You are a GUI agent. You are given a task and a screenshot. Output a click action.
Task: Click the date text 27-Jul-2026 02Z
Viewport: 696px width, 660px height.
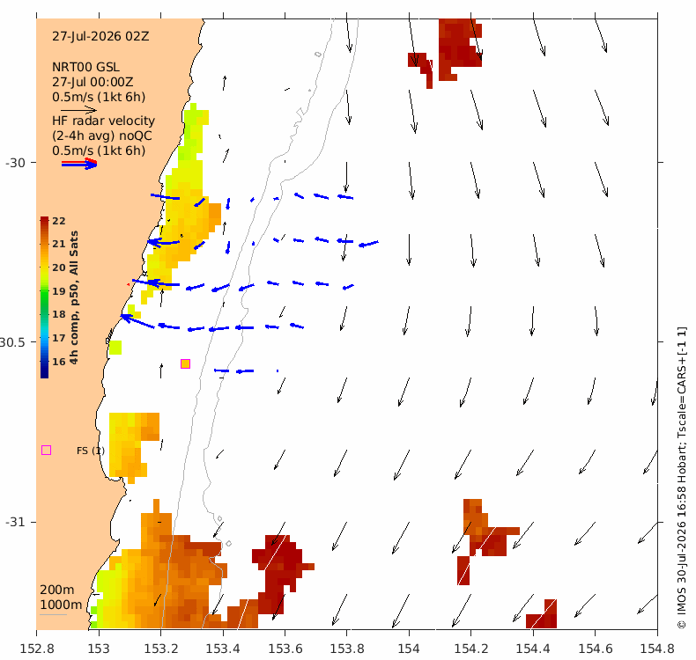(x=100, y=36)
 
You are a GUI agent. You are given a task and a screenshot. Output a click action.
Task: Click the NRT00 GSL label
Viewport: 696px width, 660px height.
(x=85, y=68)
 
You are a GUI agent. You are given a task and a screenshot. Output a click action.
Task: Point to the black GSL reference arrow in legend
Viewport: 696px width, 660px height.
(x=78, y=110)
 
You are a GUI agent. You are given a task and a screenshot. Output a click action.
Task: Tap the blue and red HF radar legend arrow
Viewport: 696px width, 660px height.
(x=79, y=164)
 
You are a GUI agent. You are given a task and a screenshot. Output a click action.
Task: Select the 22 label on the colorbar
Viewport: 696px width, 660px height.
(x=59, y=221)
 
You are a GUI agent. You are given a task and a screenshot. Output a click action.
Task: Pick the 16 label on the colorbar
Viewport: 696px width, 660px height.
(x=59, y=362)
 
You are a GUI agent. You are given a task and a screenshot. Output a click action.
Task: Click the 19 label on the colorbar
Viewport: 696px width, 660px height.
(x=59, y=291)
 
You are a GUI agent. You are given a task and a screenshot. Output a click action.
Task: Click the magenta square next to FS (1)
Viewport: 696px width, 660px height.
(x=46, y=451)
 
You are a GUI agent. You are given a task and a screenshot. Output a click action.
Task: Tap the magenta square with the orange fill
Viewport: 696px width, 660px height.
(x=186, y=364)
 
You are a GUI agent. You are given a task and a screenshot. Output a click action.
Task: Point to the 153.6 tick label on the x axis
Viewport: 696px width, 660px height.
(x=285, y=649)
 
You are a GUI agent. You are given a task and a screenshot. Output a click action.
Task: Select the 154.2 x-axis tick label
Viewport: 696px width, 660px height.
(x=471, y=649)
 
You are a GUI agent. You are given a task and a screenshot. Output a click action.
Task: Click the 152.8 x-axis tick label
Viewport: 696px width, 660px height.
(x=37, y=649)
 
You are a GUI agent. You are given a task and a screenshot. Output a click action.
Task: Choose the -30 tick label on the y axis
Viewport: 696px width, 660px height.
(x=15, y=163)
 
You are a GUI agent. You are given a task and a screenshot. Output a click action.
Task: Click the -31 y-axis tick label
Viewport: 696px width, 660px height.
(x=15, y=522)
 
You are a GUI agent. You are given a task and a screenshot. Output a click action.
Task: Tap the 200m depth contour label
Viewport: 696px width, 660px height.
(x=57, y=590)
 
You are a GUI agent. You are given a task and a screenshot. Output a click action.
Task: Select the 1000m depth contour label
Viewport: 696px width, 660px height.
(x=61, y=605)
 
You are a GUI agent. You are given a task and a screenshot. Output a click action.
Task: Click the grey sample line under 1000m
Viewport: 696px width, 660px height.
(x=53, y=615)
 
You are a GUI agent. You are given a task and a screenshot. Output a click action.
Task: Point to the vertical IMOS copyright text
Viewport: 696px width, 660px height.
(x=682, y=478)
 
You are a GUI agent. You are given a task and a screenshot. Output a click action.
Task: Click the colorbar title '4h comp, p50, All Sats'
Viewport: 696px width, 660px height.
(x=74, y=297)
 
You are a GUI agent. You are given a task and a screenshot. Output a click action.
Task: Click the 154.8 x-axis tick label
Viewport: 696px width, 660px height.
(x=657, y=649)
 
